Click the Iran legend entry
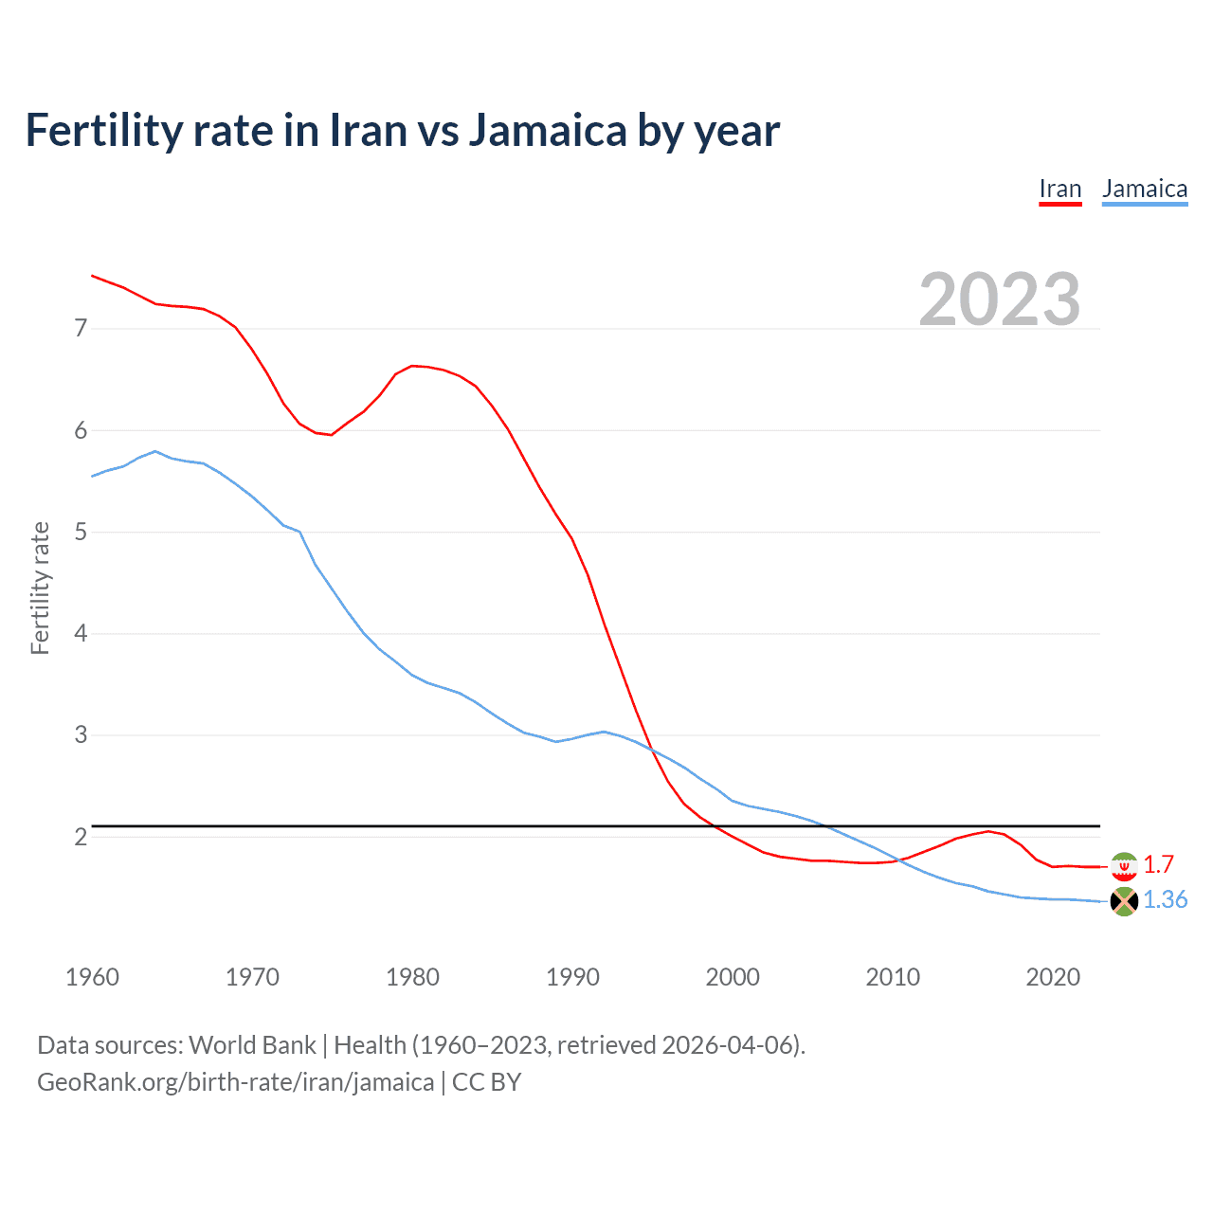pyautogui.click(x=1059, y=189)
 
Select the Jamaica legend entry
pyautogui.click(x=1144, y=189)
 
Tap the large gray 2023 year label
pyautogui.click(x=999, y=299)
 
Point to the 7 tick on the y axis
pyautogui.click(x=81, y=329)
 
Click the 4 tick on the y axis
pyautogui.click(x=81, y=633)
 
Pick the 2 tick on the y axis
pyautogui.click(x=81, y=837)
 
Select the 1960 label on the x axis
pyautogui.click(x=92, y=977)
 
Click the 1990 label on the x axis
pyautogui.click(x=572, y=977)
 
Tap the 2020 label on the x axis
pyautogui.click(x=1053, y=977)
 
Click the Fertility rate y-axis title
pyautogui.click(x=40, y=588)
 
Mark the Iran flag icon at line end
pyautogui.click(x=1124, y=866)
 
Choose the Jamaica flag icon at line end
pyautogui.click(x=1124, y=901)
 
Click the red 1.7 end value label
pyautogui.click(x=1158, y=864)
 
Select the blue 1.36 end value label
pyautogui.click(x=1165, y=899)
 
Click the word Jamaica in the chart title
pyautogui.click(x=547, y=130)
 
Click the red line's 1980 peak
pyautogui.click(x=412, y=366)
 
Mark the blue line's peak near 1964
pyautogui.click(x=155, y=451)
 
